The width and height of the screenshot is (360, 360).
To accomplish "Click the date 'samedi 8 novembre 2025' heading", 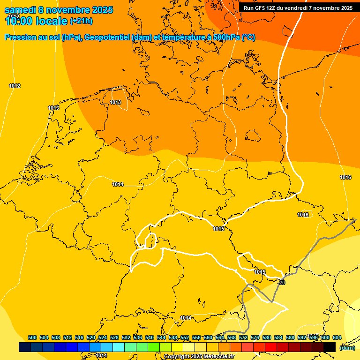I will tap(59, 10).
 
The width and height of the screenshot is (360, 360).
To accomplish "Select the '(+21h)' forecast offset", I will tap(81, 21).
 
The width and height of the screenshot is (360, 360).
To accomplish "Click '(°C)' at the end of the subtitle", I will tap(248, 37).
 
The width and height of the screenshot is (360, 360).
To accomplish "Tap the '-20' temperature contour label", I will tap(281, 283).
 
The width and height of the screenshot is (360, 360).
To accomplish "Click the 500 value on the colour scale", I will tap(32, 337).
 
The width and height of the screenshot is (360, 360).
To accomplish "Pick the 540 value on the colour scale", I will tap(150, 337).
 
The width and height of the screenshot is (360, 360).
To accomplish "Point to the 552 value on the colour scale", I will tap(185, 337).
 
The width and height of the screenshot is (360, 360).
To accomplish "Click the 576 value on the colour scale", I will tap(255, 337).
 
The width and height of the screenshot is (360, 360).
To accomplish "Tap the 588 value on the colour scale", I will tap(290, 337).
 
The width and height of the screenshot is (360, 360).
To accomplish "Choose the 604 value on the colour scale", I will tap(337, 337).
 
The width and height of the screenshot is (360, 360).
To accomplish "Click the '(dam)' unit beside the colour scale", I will tap(347, 347).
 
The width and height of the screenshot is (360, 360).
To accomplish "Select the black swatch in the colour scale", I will tap(330, 347).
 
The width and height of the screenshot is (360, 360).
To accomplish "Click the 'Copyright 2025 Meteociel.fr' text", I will tap(199, 356).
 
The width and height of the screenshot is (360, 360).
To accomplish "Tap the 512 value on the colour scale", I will tap(67, 337).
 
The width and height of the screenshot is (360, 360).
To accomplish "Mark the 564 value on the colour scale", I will tap(220, 337).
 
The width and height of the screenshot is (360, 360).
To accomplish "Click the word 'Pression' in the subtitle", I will tap(18, 37).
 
